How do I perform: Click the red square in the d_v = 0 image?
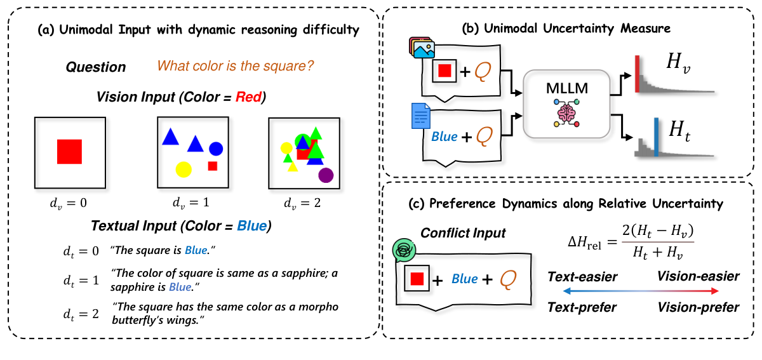tap(70, 152)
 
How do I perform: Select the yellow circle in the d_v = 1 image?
tap(184, 170)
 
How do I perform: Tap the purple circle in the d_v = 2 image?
tap(326, 175)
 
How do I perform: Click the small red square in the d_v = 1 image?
tap(213, 166)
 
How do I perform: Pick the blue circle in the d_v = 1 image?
tap(216, 149)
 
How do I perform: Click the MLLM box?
tap(566, 103)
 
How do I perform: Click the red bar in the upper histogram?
tap(638, 74)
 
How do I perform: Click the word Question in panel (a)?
tap(95, 67)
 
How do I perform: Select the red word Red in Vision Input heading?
tap(249, 98)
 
